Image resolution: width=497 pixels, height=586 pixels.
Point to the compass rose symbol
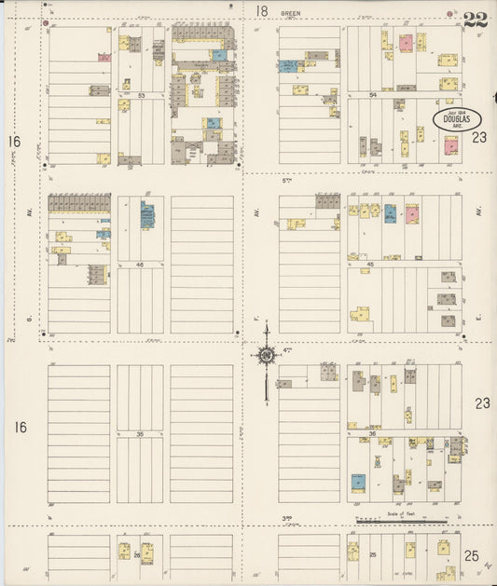pos(267,355)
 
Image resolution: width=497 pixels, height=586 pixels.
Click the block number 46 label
pos(139,265)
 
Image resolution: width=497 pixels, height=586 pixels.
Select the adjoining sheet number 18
pos(262,11)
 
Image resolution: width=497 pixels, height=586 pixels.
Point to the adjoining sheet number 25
pos(472,556)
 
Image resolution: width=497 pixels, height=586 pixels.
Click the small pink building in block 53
pos(104,57)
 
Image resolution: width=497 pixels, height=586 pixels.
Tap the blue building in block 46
pos(146,215)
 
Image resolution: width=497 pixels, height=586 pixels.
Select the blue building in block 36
pos(358,482)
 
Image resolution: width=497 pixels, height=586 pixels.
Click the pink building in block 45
pos(411,214)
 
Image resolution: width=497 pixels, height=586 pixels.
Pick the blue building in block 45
pos(390,211)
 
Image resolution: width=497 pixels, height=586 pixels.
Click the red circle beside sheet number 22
pos(450,14)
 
